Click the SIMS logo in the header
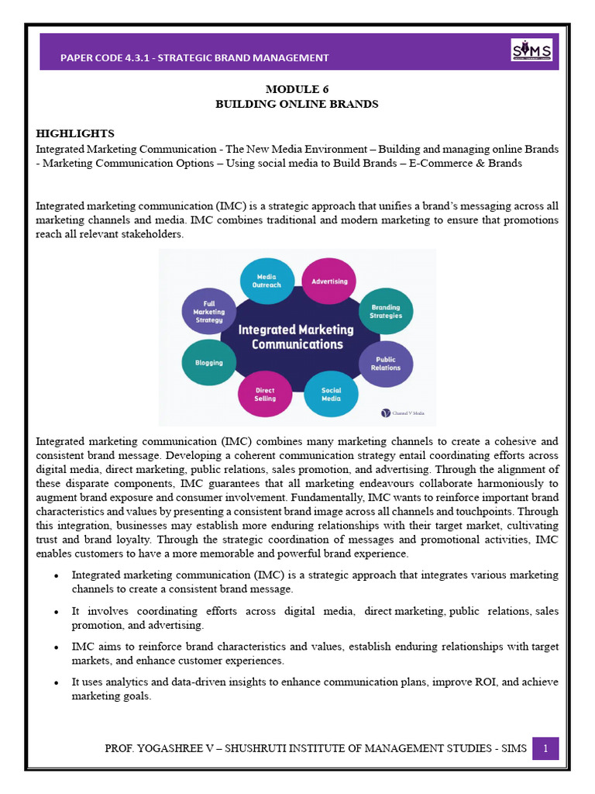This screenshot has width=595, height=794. [x=531, y=51]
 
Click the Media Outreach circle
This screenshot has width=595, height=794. [x=267, y=281]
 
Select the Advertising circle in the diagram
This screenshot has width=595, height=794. [x=329, y=281]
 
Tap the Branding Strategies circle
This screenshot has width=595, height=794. [x=386, y=312]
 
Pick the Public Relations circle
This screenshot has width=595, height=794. [x=386, y=363]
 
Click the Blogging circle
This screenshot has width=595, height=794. [x=208, y=362]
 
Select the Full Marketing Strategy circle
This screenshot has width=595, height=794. [x=208, y=312]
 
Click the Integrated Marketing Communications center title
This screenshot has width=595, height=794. [x=295, y=337]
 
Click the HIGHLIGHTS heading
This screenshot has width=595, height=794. [x=75, y=133]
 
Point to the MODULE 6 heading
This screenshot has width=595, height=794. [x=297, y=90]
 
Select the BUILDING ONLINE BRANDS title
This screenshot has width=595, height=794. [x=297, y=104]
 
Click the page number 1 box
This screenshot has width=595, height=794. [x=545, y=748]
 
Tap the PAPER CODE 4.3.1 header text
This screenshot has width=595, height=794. [x=194, y=57]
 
